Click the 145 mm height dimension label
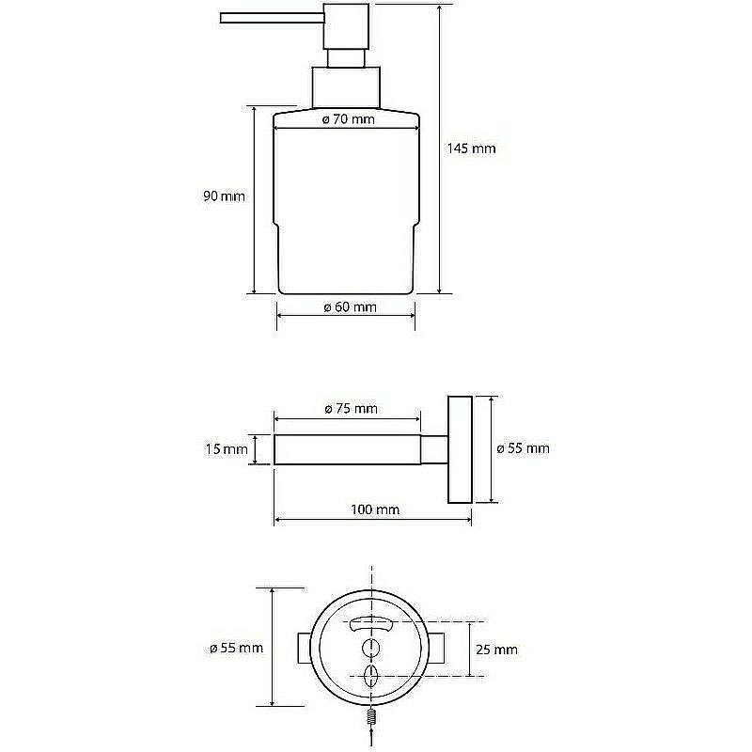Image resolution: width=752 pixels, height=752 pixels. pyautogui.click(x=471, y=149)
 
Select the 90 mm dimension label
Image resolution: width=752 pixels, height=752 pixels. pyautogui.click(x=224, y=196)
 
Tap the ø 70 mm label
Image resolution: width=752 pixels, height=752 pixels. pyautogui.click(x=348, y=119)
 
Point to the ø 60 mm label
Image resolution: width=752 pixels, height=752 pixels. pyautogui.click(x=350, y=307)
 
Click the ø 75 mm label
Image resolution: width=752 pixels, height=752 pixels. pyautogui.click(x=351, y=409)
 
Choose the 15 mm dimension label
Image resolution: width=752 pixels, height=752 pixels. pyautogui.click(x=227, y=449)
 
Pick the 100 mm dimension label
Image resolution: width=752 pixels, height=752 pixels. pyautogui.click(x=374, y=509)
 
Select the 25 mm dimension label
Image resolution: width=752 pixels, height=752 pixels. pyautogui.click(x=496, y=650)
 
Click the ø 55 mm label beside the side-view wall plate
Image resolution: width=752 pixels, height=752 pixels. pyautogui.click(x=523, y=448)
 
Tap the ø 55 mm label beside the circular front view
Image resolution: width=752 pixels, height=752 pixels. pyautogui.click(x=237, y=648)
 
